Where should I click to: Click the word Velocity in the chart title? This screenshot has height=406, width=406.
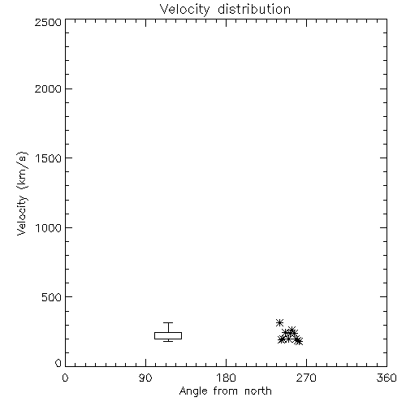(x=185, y=10)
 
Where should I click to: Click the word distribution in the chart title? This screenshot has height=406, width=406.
(x=254, y=9)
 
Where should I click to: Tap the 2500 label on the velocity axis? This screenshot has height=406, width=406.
(x=48, y=22)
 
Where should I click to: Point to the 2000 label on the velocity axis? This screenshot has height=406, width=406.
(x=48, y=89)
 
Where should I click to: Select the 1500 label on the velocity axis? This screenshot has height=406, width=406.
(x=49, y=158)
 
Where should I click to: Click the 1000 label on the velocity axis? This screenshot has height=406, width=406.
(x=49, y=227)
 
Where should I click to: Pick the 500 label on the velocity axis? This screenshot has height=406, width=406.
(x=52, y=297)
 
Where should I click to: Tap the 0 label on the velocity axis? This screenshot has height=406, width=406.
(x=58, y=363)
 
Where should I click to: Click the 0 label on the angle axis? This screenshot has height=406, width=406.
(x=65, y=378)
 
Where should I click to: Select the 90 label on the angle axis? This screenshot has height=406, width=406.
(x=145, y=378)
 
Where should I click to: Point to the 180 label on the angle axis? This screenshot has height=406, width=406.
(x=226, y=378)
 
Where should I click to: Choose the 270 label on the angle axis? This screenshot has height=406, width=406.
(x=306, y=378)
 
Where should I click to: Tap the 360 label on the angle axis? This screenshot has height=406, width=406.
(x=387, y=378)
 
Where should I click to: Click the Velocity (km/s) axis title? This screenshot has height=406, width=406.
(x=22, y=193)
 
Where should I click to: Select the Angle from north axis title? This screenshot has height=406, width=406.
(x=226, y=391)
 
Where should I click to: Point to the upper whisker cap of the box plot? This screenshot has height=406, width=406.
(x=168, y=322)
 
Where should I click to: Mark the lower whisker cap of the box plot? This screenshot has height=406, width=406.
(x=168, y=341)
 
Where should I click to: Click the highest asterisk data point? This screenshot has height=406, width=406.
(x=279, y=322)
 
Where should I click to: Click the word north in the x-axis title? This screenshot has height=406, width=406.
(x=258, y=391)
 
